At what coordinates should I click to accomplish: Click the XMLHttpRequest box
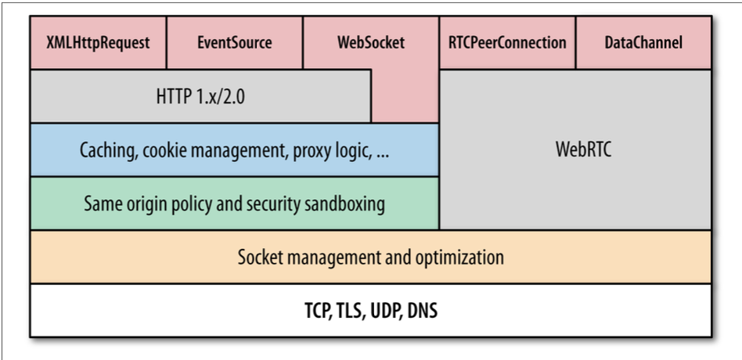click(x=98, y=41)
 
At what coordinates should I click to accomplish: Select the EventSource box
click(x=234, y=41)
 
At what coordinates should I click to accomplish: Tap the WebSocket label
click(x=370, y=41)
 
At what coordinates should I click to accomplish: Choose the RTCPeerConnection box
click(x=507, y=41)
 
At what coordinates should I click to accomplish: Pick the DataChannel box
click(x=643, y=41)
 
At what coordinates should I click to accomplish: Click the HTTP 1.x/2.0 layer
click(x=200, y=96)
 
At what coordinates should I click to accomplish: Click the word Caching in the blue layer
click(x=108, y=150)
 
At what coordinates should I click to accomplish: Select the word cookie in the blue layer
click(x=164, y=150)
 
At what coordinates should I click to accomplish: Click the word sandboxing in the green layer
click(x=343, y=203)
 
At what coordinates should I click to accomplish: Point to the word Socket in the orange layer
click(x=260, y=257)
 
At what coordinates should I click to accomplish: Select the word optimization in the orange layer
click(x=462, y=257)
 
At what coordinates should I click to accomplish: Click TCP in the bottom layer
click(x=319, y=311)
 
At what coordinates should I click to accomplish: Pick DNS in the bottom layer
click(x=423, y=311)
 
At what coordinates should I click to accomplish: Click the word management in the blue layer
click(x=232, y=150)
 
